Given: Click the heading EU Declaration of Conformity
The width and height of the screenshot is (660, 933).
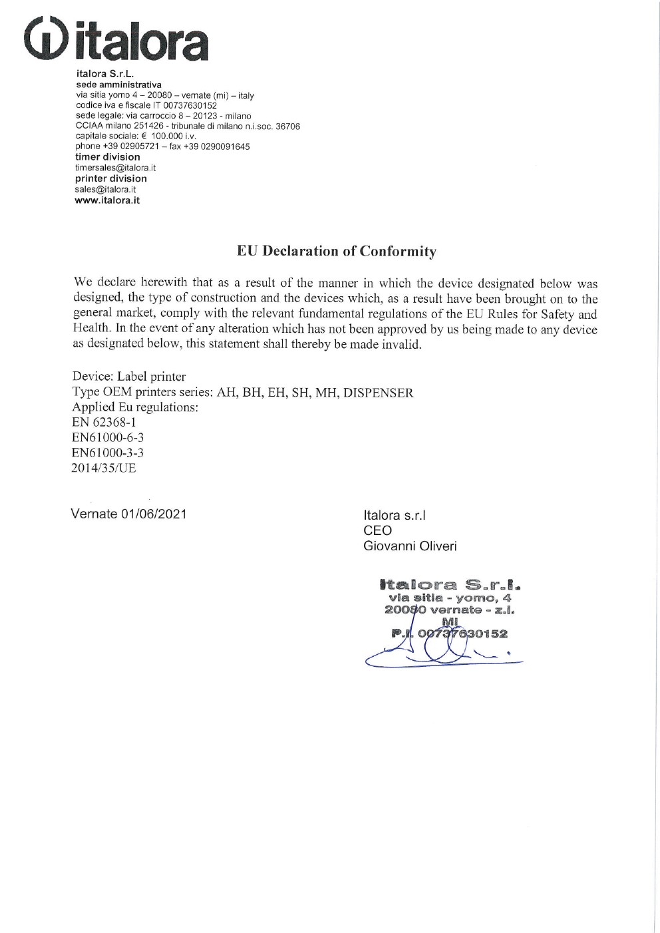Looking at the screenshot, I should tap(337, 251).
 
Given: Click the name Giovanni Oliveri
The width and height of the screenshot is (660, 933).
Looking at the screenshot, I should tap(410, 546).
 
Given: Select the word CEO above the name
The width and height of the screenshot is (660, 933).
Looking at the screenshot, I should tap(377, 530).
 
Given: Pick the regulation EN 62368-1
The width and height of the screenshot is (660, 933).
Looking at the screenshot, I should tap(104, 422).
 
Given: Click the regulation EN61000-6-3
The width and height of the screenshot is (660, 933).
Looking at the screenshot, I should tap(108, 437).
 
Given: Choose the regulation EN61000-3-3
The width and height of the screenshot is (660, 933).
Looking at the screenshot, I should tap(108, 453).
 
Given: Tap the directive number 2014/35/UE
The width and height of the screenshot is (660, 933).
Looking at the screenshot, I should tap(104, 468).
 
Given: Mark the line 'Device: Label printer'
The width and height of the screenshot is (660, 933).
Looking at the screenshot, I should tap(129, 377).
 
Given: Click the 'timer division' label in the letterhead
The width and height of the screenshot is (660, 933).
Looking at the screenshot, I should tap(107, 157).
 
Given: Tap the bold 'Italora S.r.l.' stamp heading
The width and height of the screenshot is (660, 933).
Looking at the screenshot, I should tap(449, 586).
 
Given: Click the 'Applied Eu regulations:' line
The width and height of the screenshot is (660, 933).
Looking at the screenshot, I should tap(135, 407).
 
